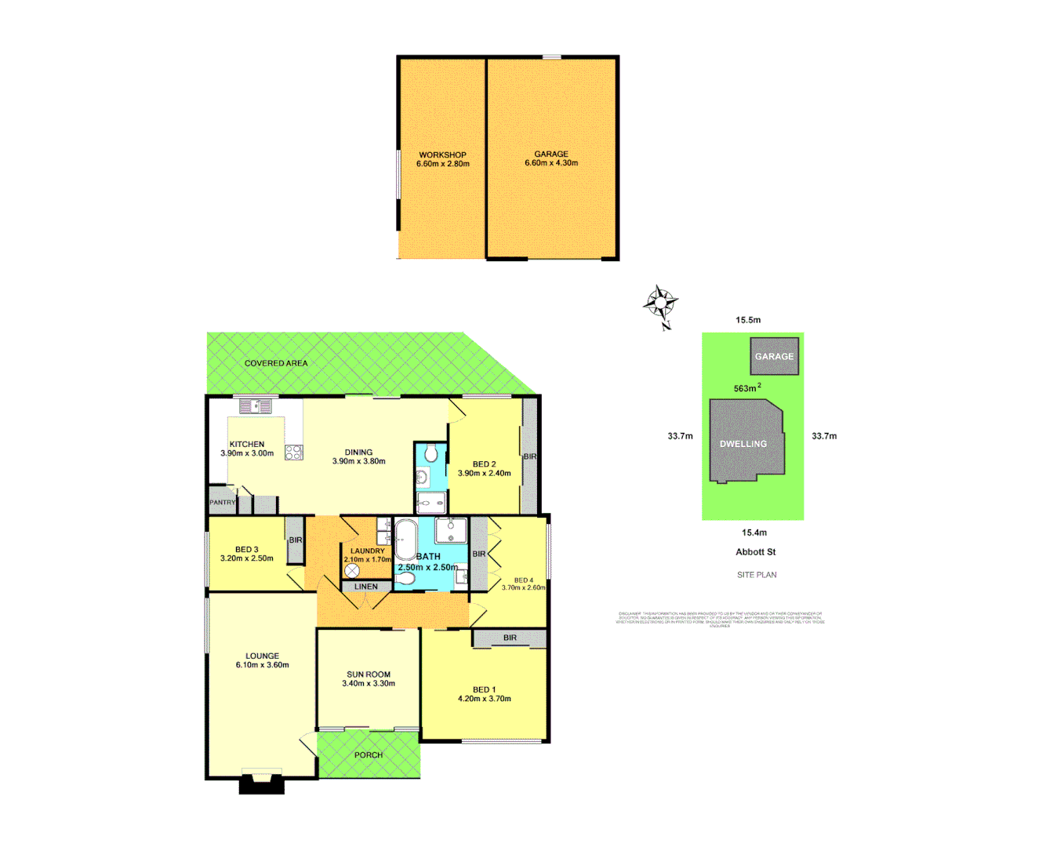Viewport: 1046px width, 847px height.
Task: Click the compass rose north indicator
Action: pyautogui.click(x=661, y=303)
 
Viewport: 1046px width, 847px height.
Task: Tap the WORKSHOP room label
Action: pyautogui.click(x=442, y=154)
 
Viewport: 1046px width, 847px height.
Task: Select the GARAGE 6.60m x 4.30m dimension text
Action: pyautogui.click(x=551, y=163)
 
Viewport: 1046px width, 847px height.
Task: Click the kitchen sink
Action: pyautogui.click(x=255, y=405)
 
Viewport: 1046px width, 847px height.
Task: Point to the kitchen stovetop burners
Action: pyautogui.click(x=294, y=452)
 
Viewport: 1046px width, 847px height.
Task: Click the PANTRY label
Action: pyautogui.click(x=222, y=502)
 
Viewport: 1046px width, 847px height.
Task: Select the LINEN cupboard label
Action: pyautogui.click(x=366, y=587)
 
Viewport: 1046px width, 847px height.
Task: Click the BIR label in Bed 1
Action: pyautogui.click(x=510, y=638)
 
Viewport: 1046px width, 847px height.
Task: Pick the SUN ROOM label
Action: pyautogui.click(x=369, y=674)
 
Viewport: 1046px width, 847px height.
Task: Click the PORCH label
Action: pyautogui.click(x=369, y=755)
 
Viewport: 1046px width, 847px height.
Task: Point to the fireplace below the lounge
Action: pyautogui.click(x=261, y=783)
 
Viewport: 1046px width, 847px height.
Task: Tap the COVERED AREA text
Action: pyautogui.click(x=276, y=363)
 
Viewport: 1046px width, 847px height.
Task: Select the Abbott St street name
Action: pyautogui.click(x=756, y=552)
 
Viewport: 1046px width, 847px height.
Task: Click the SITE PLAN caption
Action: pyautogui.click(x=757, y=575)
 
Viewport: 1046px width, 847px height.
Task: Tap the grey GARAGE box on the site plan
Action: pyautogui.click(x=775, y=356)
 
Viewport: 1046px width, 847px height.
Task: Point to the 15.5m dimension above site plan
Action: pyautogui.click(x=748, y=320)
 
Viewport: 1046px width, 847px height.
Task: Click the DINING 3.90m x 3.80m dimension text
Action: pyautogui.click(x=359, y=461)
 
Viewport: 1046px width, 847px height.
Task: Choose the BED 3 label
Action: pyautogui.click(x=246, y=549)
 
